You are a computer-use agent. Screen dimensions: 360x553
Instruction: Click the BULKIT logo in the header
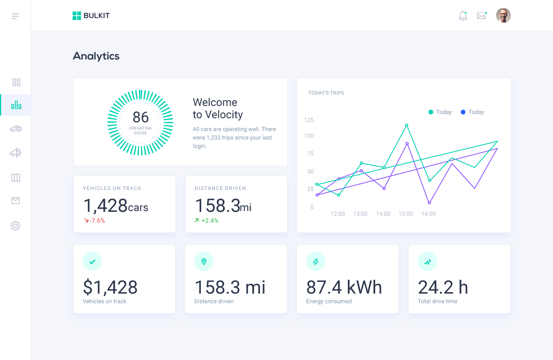point(91,16)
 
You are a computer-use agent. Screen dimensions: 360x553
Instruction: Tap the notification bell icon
point(463,16)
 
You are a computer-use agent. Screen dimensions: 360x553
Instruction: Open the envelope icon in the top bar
point(482,16)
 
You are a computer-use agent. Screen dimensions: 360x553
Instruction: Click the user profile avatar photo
point(503,16)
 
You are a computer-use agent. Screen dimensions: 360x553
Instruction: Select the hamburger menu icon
point(15,16)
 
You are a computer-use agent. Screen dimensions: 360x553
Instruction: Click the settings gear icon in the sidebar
point(15,226)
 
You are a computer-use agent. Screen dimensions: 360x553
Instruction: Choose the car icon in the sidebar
point(16,129)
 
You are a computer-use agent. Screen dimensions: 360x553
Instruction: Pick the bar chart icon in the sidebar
point(16,105)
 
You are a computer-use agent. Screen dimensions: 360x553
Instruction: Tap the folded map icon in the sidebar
point(16,178)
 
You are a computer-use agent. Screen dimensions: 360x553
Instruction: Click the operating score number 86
point(141,117)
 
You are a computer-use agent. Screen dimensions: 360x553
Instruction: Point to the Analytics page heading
point(96,56)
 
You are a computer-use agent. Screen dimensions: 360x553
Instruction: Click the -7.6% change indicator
point(95,221)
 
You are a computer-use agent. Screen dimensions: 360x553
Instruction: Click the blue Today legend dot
point(463,112)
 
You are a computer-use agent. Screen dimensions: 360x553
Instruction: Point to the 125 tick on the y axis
point(309,120)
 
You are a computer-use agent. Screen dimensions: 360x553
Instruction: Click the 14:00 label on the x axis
point(383,214)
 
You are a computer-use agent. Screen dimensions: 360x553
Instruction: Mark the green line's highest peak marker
point(407,125)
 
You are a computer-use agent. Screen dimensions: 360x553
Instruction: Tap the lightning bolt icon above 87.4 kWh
point(316,262)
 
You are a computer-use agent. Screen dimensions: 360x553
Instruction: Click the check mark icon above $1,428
point(92,262)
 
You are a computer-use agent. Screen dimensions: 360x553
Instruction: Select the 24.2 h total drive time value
point(443,287)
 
